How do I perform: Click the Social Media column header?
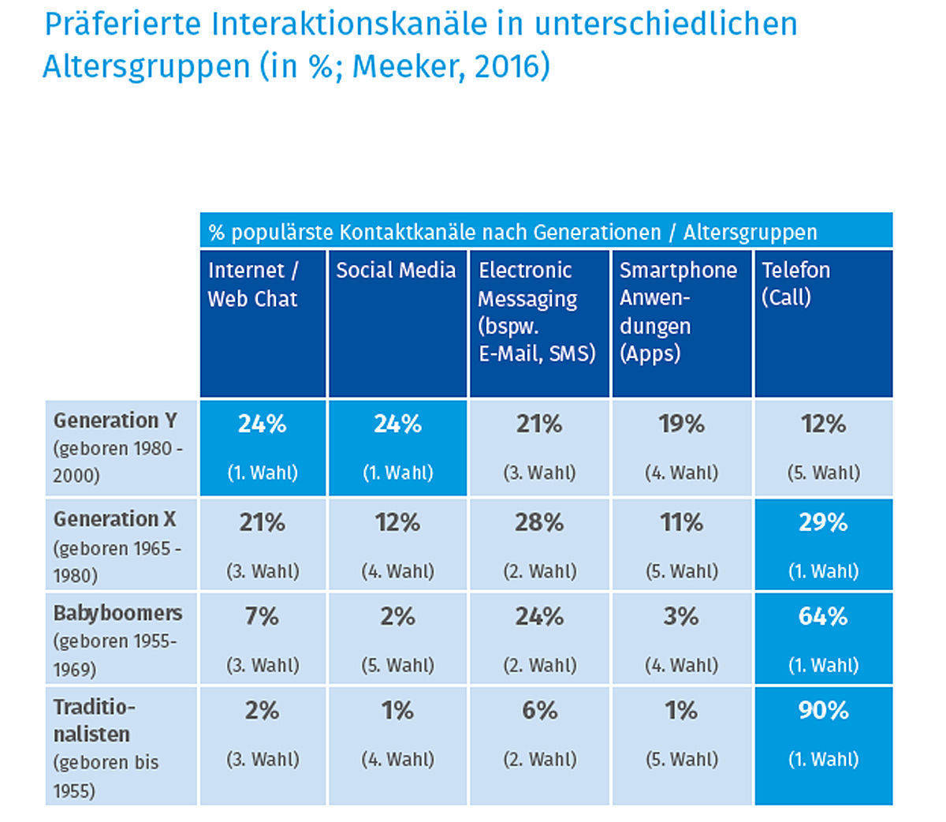(396, 271)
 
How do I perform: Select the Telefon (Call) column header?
(795, 283)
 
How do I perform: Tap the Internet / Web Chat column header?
(253, 284)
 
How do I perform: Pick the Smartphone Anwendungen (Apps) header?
(678, 311)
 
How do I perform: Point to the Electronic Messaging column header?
(536, 311)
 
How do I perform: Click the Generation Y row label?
(115, 420)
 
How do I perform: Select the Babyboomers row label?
(117, 613)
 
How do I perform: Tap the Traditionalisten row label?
(93, 720)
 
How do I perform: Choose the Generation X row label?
(115, 519)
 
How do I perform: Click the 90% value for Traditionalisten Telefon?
(823, 711)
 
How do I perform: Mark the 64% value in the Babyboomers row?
(823, 616)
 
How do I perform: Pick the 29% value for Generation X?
(823, 522)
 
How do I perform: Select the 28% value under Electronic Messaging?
(539, 522)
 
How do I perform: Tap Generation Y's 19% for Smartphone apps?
(681, 424)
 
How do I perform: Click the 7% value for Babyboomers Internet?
(262, 616)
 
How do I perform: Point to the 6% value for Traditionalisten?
(539, 711)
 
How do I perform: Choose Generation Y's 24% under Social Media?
(397, 424)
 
